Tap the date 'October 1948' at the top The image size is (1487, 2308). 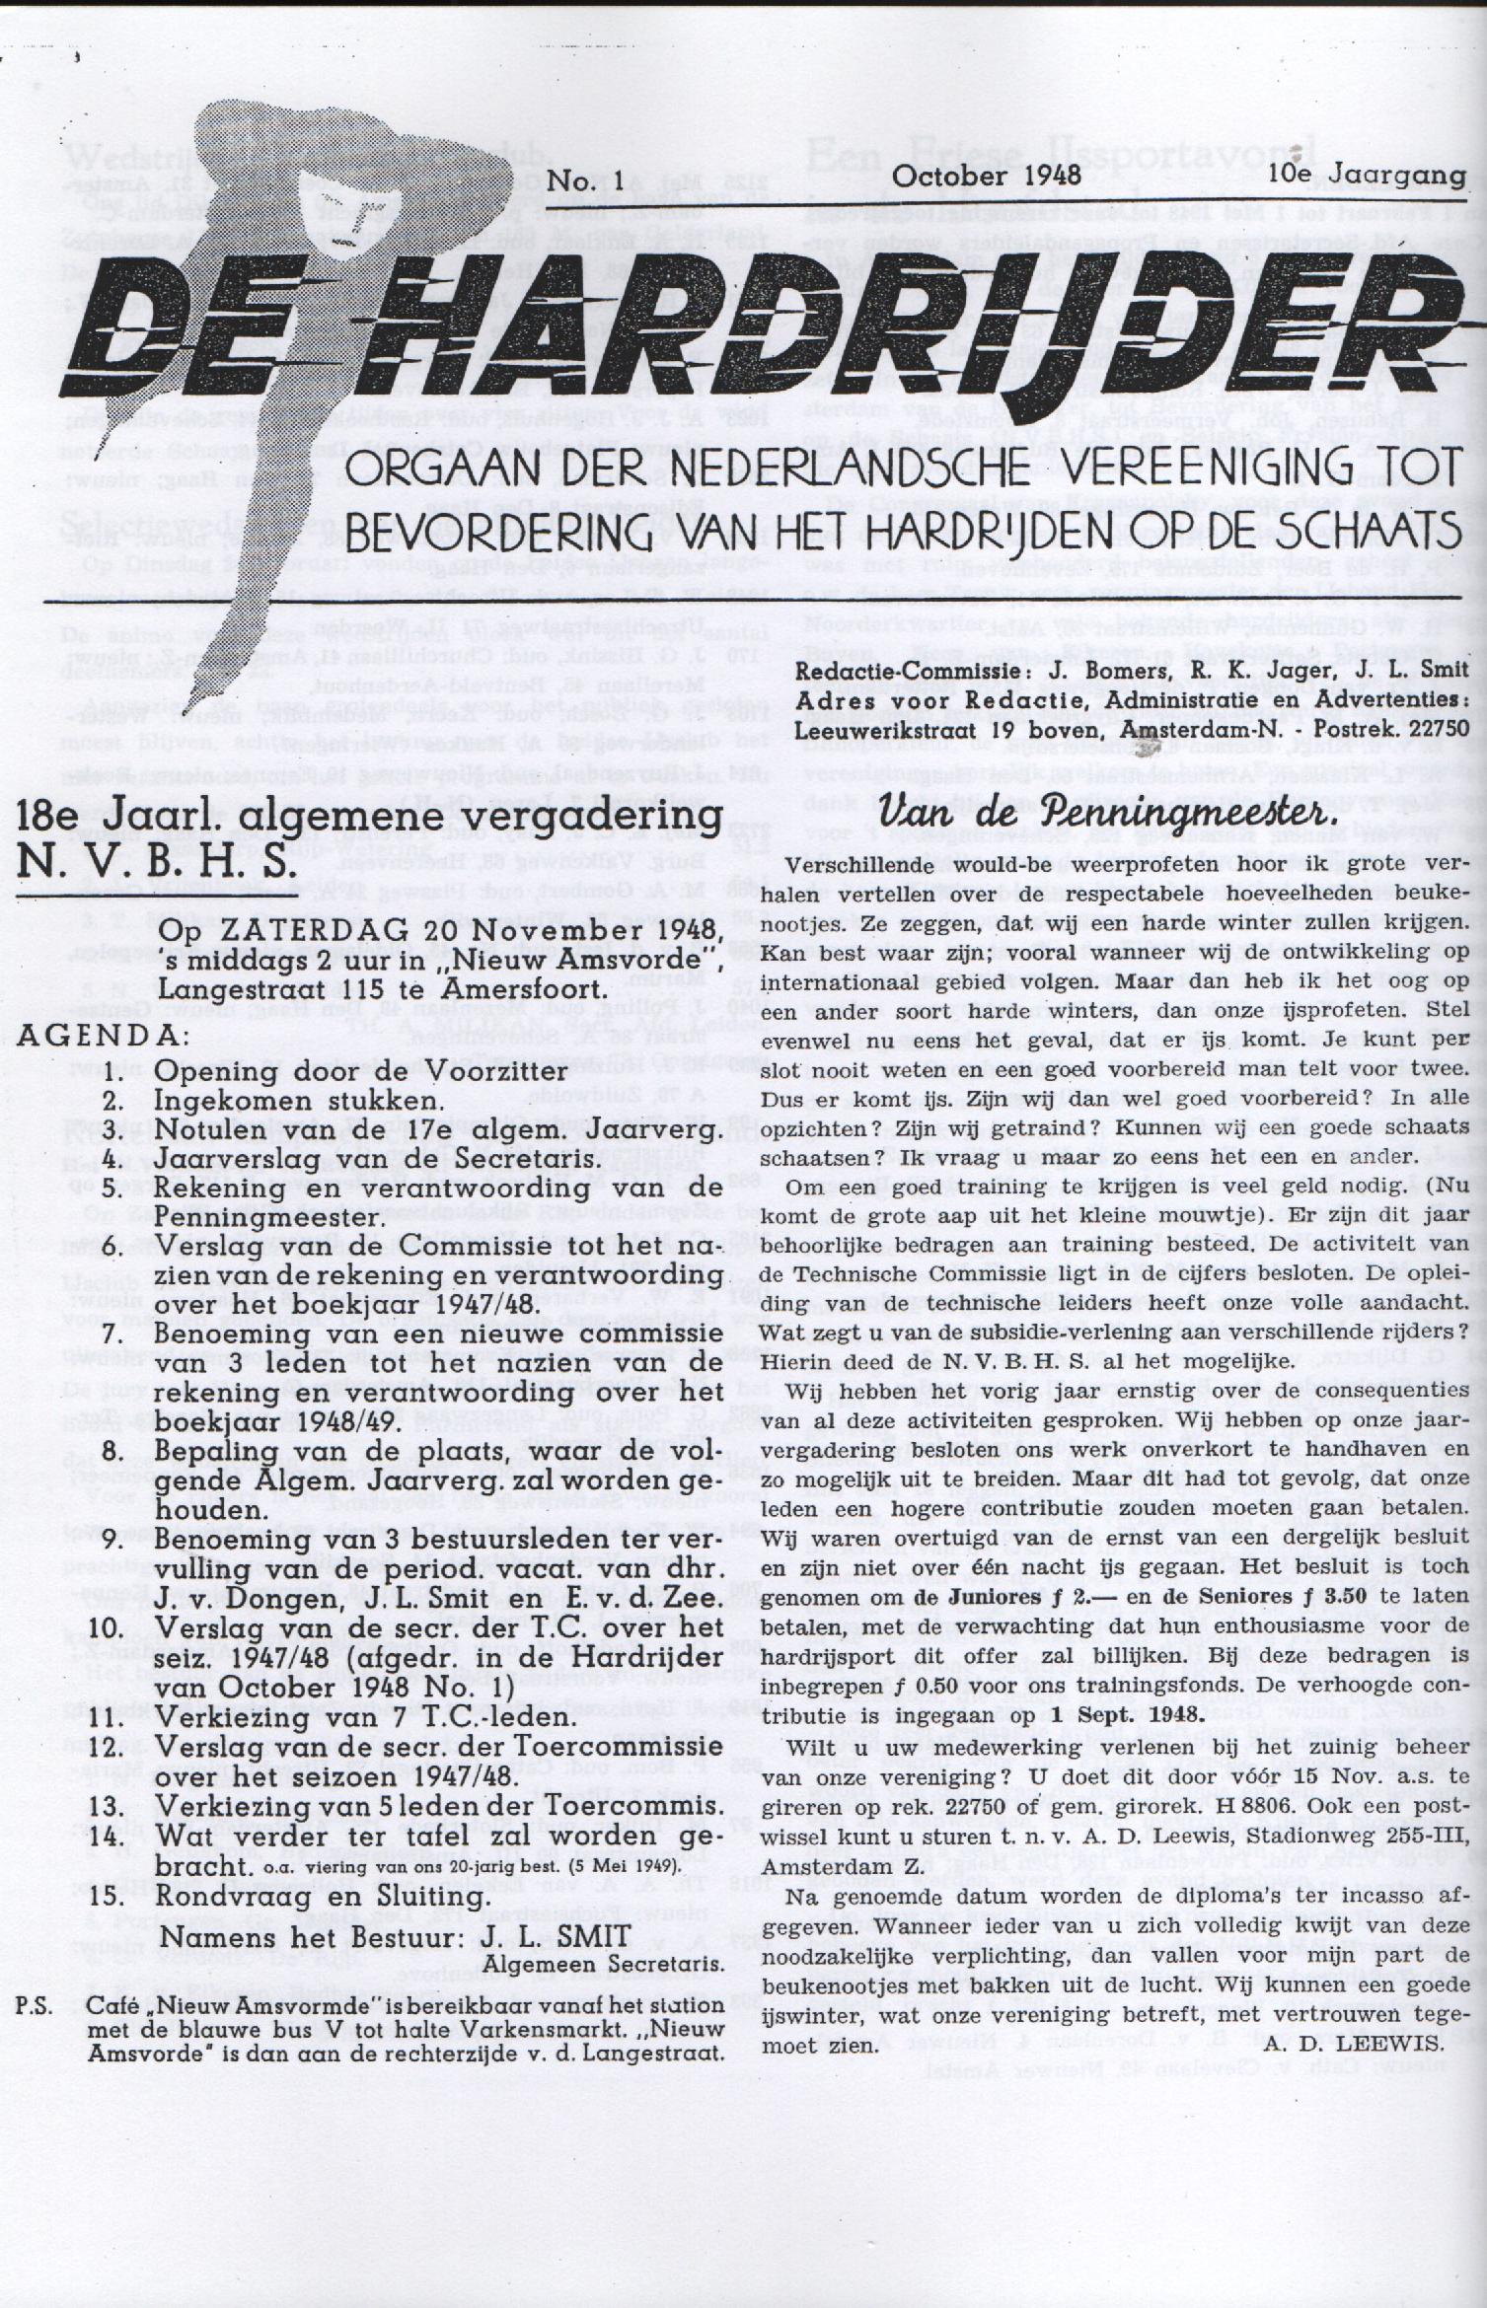[986, 176]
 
